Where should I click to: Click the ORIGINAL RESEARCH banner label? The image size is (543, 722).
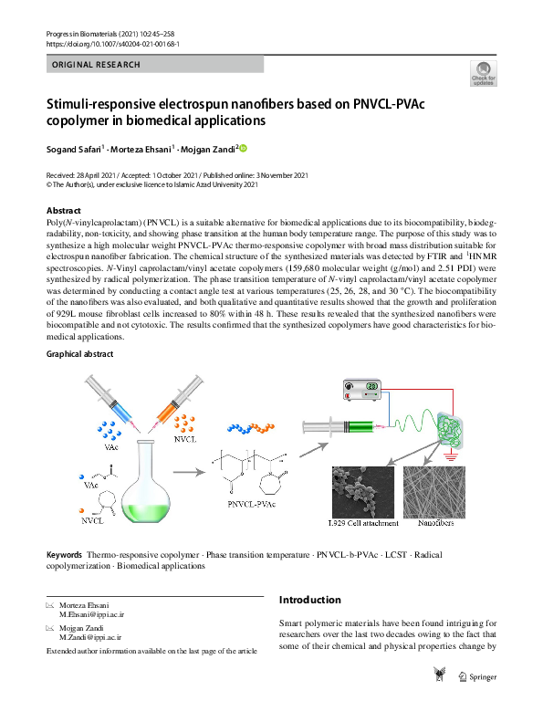tap(97, 65)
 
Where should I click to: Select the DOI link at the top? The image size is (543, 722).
tap(111, 43)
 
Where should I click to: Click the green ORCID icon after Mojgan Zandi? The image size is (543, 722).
tap(244, 148)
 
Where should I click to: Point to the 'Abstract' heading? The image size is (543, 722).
tap(64, 211)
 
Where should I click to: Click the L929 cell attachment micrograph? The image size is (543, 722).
tap(362, 492)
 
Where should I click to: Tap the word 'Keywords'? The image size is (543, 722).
tap(64, 554)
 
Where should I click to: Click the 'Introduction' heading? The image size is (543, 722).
tap(310, 600)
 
